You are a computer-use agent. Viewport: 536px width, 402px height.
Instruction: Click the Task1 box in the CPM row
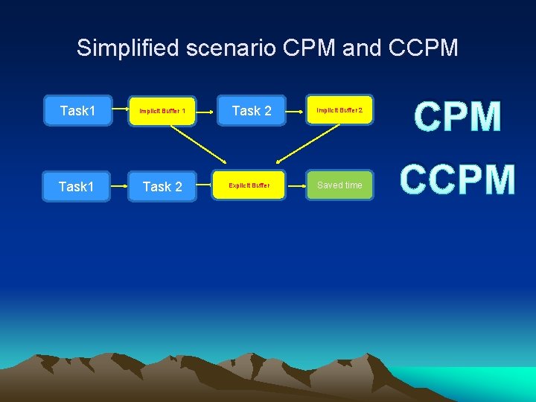[x=78, y=111]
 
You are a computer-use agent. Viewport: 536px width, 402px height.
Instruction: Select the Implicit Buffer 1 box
[x=162, y=112]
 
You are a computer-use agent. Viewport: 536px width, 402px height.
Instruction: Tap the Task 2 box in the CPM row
[x=252, y=111]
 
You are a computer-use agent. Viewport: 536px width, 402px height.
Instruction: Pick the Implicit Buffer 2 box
[x=339, y=110]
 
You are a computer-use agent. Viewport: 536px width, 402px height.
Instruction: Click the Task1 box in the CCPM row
[x=77, y=186]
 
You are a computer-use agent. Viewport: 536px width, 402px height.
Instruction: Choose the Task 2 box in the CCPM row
[x=162, y=186]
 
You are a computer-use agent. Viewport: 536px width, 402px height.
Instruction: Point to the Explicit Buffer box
[x=249, y=185]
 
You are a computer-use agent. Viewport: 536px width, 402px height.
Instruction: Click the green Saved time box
[x=339, y=185]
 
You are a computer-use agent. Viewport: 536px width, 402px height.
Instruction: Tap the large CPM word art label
[x=457, y=118]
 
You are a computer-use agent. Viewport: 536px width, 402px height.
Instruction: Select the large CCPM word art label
[x=457, y=180]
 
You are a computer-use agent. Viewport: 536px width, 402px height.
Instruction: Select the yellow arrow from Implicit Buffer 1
[x=198, y=143]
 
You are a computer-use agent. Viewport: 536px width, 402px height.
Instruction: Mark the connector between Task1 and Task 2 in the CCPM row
[x=118, y=186]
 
